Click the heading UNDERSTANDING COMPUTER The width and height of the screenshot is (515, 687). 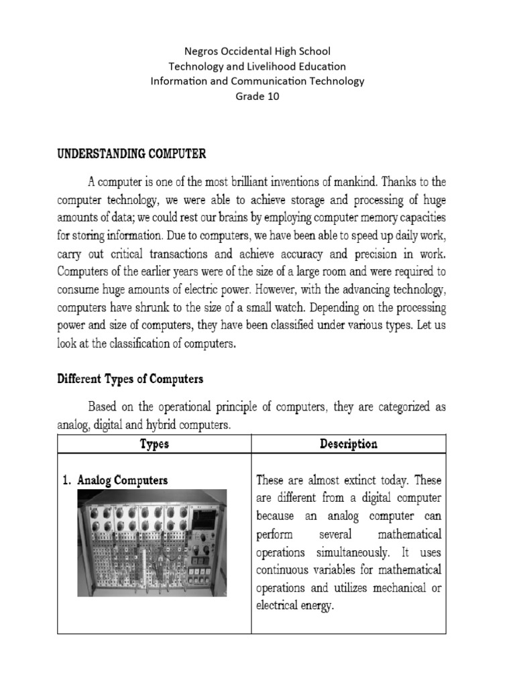[x=131, y=154]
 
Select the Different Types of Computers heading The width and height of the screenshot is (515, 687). [x=130, y=379]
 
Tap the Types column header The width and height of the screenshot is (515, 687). [x=154, y=444]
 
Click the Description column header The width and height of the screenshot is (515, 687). [x=349, y=444]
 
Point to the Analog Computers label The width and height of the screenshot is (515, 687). [x=123, y=480]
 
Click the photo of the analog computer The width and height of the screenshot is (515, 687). [x=152, y=543]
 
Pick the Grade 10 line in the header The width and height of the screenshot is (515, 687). [x=257, y=96]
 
